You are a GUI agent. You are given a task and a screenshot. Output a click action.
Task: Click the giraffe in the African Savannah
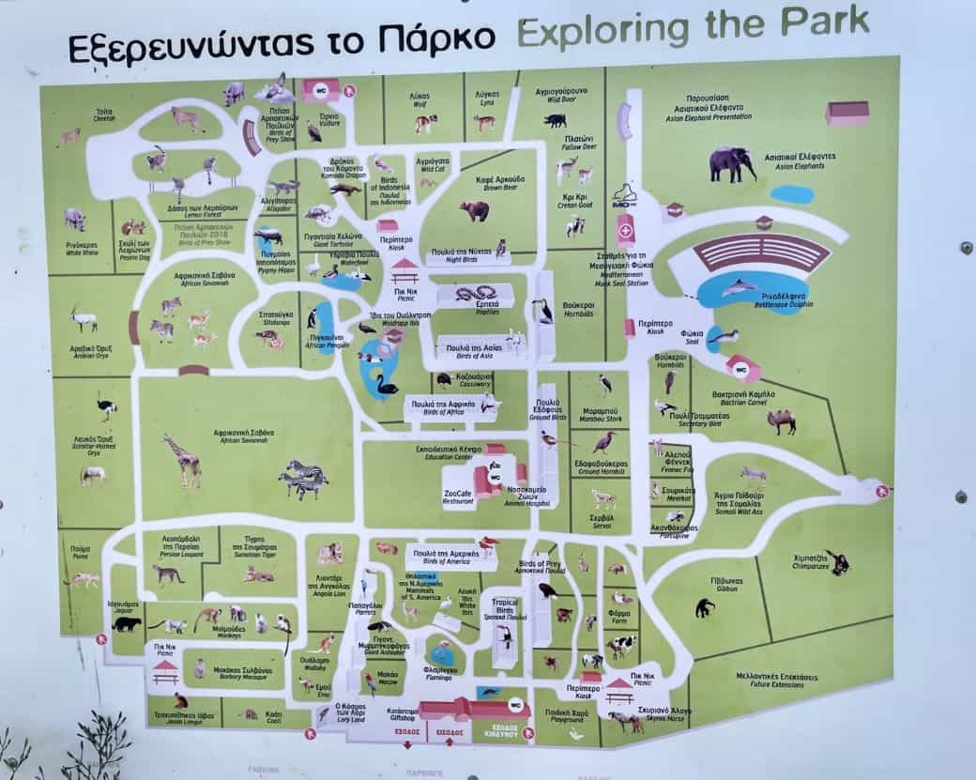click(183, 459)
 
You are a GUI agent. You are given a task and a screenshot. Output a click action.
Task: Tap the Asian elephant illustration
click(732, 163)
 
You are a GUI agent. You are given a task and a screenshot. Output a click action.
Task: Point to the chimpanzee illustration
click(837, 562)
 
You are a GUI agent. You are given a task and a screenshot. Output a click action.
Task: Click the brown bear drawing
click(475, 210)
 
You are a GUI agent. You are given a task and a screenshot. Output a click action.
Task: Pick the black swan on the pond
click(386, 384)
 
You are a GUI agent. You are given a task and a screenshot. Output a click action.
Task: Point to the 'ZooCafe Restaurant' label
click(458, 497)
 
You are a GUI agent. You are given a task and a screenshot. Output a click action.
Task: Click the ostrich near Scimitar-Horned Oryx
click(106, 407)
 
